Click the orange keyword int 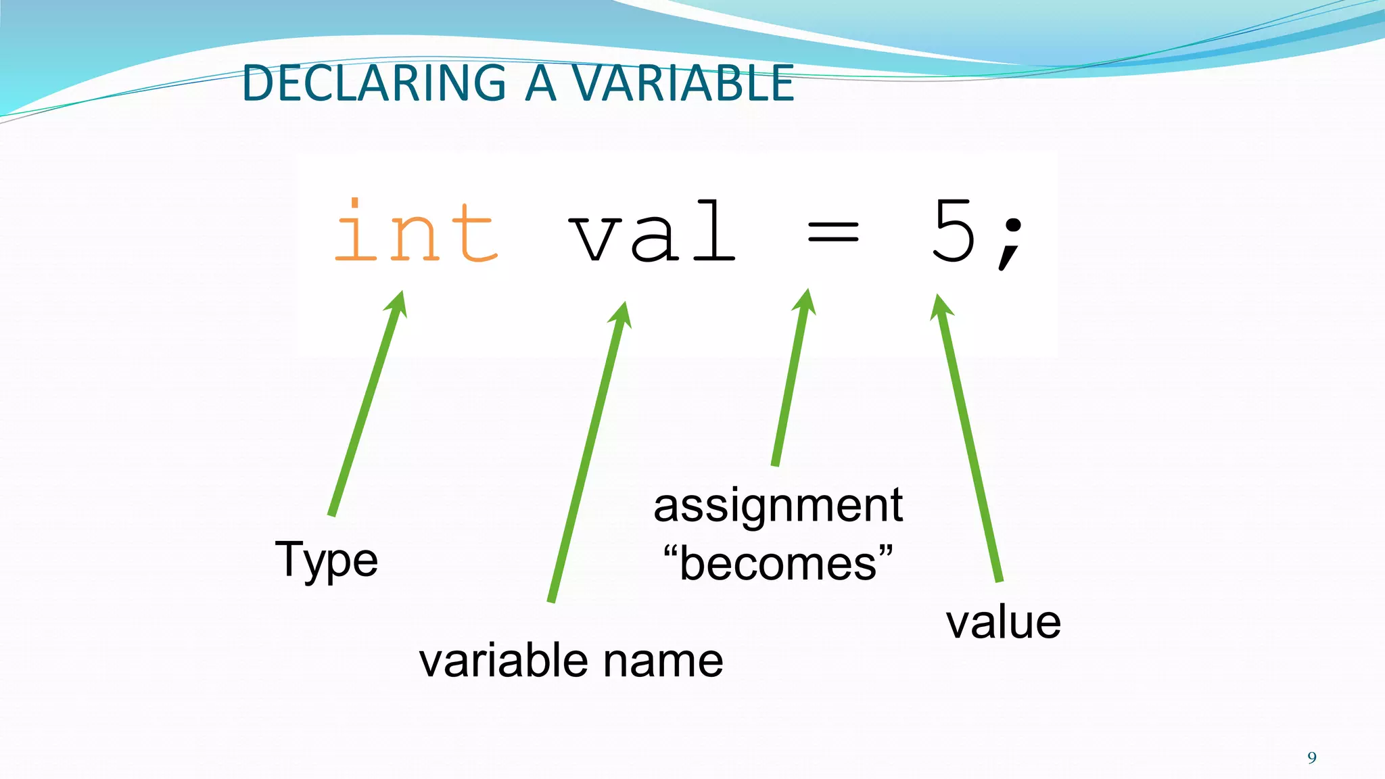point(416,232)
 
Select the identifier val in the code point(652,232)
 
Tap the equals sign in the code point(833,233)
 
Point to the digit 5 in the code point(954,231)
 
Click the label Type point(326,560)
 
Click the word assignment point(778,505)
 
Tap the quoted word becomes point(778,563)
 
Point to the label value point(1003,622)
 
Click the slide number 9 point(1312,757)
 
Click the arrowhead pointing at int point(397,304)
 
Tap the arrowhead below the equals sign point(804,302)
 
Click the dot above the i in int point(354,202)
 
